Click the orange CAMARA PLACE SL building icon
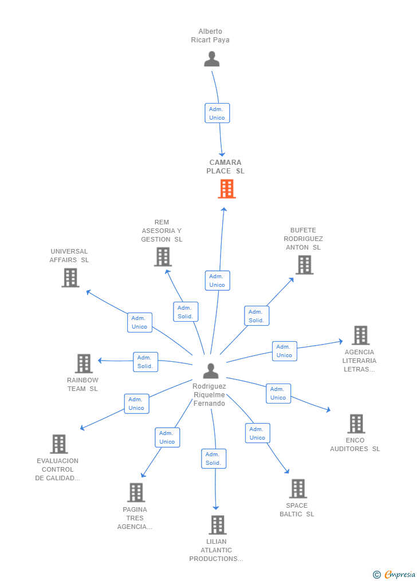[227, 189]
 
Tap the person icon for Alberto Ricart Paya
[212, 59]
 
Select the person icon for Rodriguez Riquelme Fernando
[211, 370]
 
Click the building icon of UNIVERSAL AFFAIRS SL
[70, 278]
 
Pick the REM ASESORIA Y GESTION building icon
[163, 257]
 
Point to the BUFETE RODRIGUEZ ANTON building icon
[305, 265]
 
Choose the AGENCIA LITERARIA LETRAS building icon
[361, 335]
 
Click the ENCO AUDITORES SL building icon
[357, 424]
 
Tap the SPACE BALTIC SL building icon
[298, 489]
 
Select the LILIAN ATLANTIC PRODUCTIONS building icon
[218, 525]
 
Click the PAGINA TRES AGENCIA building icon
[136, 492]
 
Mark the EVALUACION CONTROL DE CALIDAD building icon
[60, 444]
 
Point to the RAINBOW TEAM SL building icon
[84, 363]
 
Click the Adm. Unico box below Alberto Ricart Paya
[217, 113]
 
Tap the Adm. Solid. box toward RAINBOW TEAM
[145, 362]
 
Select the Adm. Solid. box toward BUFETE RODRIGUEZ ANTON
[257, 316]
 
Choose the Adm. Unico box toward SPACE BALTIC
[258, 433]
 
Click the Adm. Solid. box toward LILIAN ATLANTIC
[214, 459]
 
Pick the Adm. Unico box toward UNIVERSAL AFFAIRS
[140, 322]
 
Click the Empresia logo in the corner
[395, 574]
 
